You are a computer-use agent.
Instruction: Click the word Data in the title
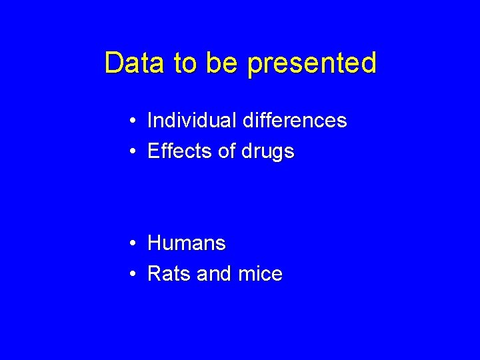coord(135,63)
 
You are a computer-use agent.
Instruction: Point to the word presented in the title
coord(312,65)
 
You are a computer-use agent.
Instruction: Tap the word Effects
coord(179,151)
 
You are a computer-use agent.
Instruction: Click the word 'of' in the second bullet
coord(227,151)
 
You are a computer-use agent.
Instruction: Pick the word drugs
coord(267,153)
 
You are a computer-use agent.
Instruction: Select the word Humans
coord(186,243)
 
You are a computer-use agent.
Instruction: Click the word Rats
coord(167,274)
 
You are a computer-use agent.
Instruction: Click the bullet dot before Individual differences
coord(134,121)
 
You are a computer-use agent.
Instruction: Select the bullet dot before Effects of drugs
coord(134,152)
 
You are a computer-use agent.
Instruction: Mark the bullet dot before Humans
coord(134,244)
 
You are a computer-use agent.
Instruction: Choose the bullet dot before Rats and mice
coord(134,275)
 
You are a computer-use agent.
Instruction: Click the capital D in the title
coord(113,63)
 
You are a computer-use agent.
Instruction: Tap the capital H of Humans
coord(154,243)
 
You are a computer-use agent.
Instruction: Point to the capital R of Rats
coord(154,274)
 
